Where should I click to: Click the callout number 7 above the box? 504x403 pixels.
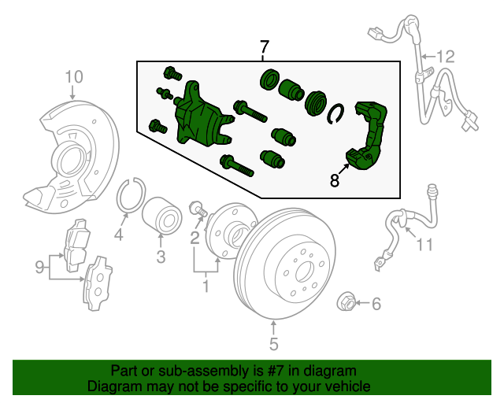(x=264, y=47)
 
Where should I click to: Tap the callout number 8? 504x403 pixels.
(x=335, y=180)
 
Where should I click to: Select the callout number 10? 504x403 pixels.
(x=74, y=77)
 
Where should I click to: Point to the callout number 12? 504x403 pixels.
(x=446, y=57)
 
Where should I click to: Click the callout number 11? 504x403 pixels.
(x=424, y=245)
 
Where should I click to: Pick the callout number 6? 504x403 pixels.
(x=376, y=304)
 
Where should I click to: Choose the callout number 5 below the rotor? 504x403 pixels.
(x=273, y=344)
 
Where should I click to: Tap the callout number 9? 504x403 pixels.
(x=39, y=267)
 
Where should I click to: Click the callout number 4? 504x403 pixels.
(x=119, y=235)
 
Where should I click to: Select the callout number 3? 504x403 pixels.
(x=161, y=257)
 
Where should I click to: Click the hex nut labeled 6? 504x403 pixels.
(x=346, y=302)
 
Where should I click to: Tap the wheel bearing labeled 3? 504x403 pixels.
(x=162, y=214)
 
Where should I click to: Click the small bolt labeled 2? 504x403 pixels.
(x=198, y=209)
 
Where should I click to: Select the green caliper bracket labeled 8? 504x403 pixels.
(x=367, y=135)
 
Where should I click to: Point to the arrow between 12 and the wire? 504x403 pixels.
(x=428, y=57)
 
